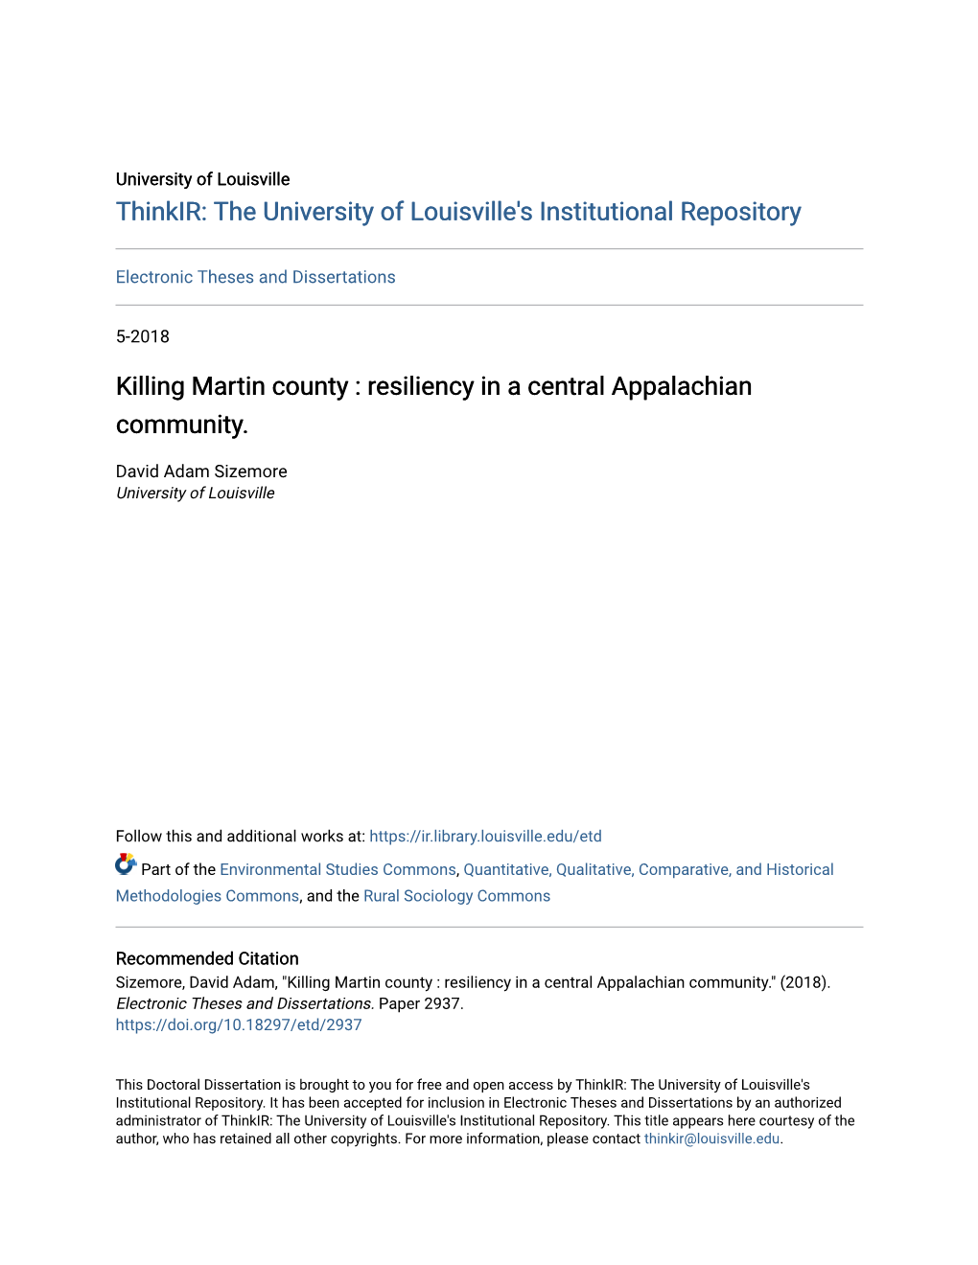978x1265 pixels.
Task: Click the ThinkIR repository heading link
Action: tap(458, 212)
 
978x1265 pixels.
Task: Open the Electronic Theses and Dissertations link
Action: tap(255, 277)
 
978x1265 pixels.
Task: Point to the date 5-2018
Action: tap(143, 336)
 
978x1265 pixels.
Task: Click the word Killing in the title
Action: tap(150, 386)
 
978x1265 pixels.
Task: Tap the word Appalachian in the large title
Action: tap(681, 386)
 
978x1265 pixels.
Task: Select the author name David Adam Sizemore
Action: tap(201, 471)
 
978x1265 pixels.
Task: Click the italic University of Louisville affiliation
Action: tap(196, 494)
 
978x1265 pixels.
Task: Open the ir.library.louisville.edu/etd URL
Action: tap(485, 837)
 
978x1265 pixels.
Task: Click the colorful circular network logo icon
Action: tap(126, 864)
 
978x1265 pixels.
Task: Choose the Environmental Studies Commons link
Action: tap(338, 870)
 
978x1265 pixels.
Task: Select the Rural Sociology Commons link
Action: tap(456, 896)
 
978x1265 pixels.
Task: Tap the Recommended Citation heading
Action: tap(207, 958)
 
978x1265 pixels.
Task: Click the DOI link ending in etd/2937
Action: tap(239, 1024)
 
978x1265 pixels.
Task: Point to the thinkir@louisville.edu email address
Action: tap(711, 1138)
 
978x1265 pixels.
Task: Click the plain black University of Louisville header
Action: tap(202, 179)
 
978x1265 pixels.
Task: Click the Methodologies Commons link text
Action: tap(207, 896)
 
